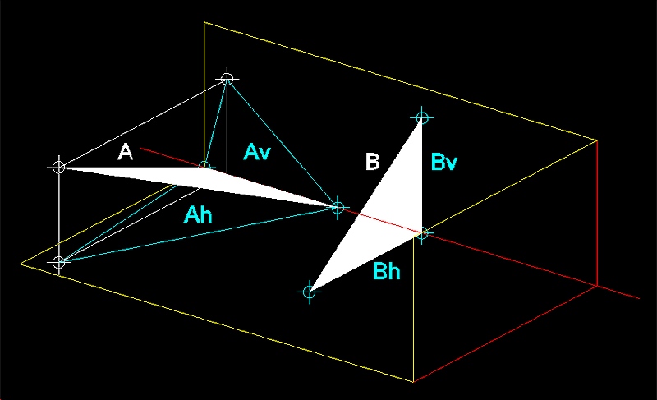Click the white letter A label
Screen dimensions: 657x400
click(126, 152)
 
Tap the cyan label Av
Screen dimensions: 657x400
click(257, 152)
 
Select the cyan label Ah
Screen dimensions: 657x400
click(198, 215)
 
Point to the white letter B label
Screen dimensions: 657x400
click(372, 162)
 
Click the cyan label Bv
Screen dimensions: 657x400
click(443, 162)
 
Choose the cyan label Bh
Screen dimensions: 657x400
click(386, 271)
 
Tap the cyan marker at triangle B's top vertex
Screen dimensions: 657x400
click(422, 117)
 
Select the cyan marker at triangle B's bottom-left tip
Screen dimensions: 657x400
click(310, 292)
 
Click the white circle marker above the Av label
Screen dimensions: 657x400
click(227, 79)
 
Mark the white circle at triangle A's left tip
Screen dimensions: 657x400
click(59, 167)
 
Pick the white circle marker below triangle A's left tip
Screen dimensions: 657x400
click(59, 262)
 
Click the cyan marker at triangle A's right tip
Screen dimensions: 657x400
click(338, 207)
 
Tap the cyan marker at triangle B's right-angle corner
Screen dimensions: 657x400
click(422, 233)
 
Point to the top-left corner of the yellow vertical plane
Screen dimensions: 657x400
click(204, 22)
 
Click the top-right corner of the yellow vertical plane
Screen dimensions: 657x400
click(597, 140)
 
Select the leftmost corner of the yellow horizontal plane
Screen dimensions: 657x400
click(21, 264)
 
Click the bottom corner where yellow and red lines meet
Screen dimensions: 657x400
click(414, 382)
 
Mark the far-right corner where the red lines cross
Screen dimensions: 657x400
click(597, 286)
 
